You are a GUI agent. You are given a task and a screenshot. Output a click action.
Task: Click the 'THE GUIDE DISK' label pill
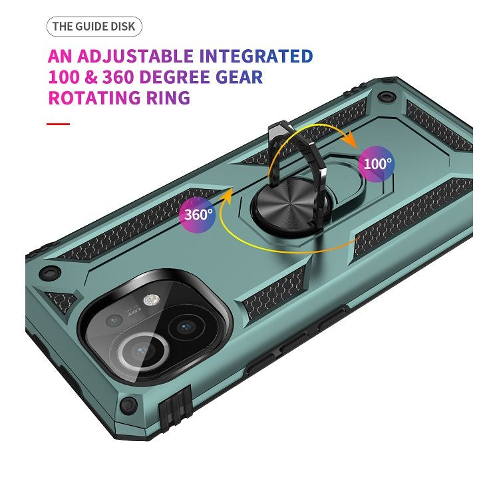(x=94, y=27)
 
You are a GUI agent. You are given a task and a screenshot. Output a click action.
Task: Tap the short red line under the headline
(x=58, y=124)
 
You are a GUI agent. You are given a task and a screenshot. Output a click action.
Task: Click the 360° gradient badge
(x=197, y=214)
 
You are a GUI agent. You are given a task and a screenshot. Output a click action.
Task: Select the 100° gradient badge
(x=376, y=162)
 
